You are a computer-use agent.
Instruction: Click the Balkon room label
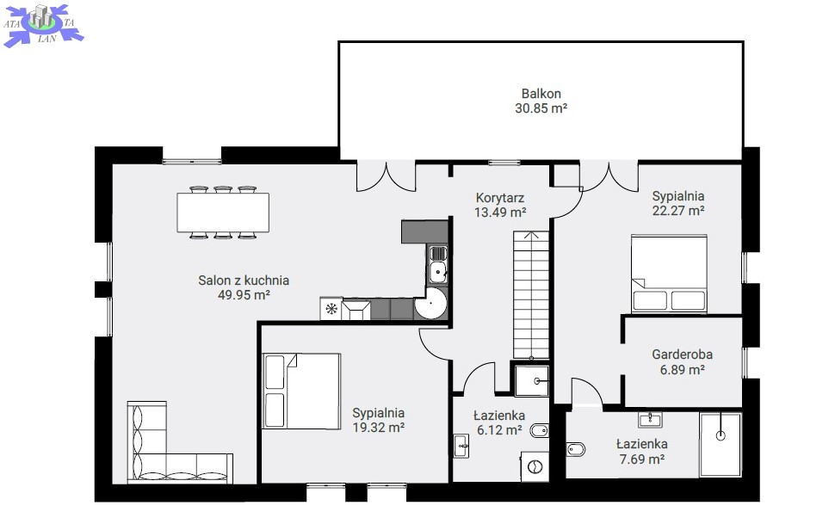(x=541, y=94)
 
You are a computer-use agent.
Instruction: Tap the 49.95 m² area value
(x=244, y=294)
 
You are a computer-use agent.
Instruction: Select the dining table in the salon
(x=223, y=213)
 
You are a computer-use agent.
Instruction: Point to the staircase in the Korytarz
(x=531, y=294)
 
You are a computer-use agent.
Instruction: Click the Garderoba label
(x=682, y=354)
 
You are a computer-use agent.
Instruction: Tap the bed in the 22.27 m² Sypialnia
(x=670, y=274)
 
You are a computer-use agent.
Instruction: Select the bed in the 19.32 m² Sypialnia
(x=301, y=391)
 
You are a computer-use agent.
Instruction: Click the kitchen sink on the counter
(x=438, y=265)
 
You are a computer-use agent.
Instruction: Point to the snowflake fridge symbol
(x=331, y=309)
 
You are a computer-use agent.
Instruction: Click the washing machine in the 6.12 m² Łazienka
(x=535, y=467)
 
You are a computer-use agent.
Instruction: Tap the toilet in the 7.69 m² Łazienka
(x=576, y=449)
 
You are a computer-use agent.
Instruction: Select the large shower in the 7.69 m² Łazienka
(x=721, y=445)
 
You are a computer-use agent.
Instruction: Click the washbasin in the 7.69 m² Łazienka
(x=650, y=420)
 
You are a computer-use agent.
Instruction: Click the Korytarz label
(x=500, y=198)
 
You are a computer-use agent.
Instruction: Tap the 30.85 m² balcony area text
(x=541, y=108)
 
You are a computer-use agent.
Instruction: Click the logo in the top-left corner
(x=44, y=24)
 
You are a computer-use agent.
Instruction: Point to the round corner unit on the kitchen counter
(x=431, y=304)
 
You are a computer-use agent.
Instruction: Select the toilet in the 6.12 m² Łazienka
(x=540, y=431)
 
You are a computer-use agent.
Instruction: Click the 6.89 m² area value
(x=682, y=370)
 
